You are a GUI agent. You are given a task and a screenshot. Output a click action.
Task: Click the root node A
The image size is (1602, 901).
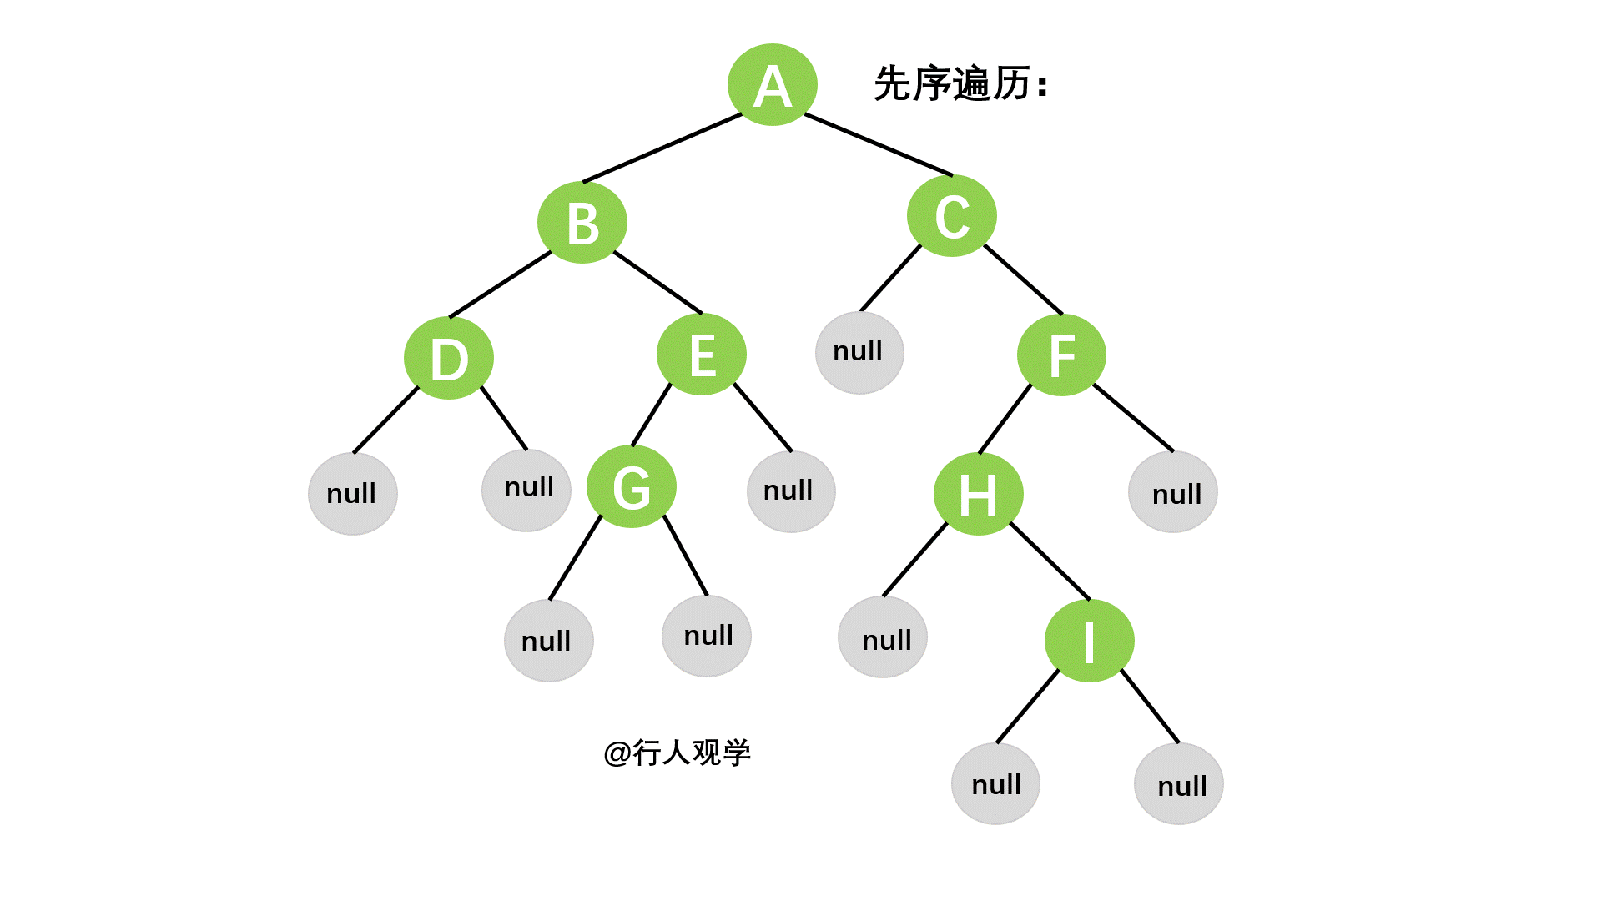click(772, 85)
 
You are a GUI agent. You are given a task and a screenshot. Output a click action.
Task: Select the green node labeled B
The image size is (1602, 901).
click(582, 223)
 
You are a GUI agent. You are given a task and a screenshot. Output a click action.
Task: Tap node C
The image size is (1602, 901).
click(951, 216)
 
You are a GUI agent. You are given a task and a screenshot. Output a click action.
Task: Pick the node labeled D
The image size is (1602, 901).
click(449, 359)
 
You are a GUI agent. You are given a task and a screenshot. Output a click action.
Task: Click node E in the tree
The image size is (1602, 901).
click(701, 355)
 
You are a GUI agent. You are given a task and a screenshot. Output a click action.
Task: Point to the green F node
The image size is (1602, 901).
click(1061, 355)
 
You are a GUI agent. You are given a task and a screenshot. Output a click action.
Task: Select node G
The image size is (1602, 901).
click(632, 487)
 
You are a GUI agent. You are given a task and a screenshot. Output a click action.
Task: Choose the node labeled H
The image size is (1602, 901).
click(978, 495)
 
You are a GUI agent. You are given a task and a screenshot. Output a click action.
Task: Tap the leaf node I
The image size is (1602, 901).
click(1089, 641)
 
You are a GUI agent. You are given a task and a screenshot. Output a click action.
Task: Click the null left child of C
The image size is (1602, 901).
click(859, 352)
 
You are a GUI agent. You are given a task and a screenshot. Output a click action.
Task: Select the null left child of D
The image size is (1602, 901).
click(352, 494)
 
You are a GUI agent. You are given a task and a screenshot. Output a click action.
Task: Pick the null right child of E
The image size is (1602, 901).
click(791, 491)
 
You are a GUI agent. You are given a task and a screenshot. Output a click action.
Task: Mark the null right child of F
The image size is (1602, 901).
click(1172, 493)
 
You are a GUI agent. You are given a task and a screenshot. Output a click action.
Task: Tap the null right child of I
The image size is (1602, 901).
click(1178, 784)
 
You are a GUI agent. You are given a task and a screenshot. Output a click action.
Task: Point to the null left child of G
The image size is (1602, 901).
click(548, 641)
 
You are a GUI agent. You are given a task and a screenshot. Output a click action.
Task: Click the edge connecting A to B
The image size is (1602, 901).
click(662, 148)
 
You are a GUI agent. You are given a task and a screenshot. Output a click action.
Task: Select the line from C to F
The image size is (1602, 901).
click(1024, 279)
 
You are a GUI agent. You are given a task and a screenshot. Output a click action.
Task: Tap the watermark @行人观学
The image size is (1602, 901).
click(677, 753)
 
